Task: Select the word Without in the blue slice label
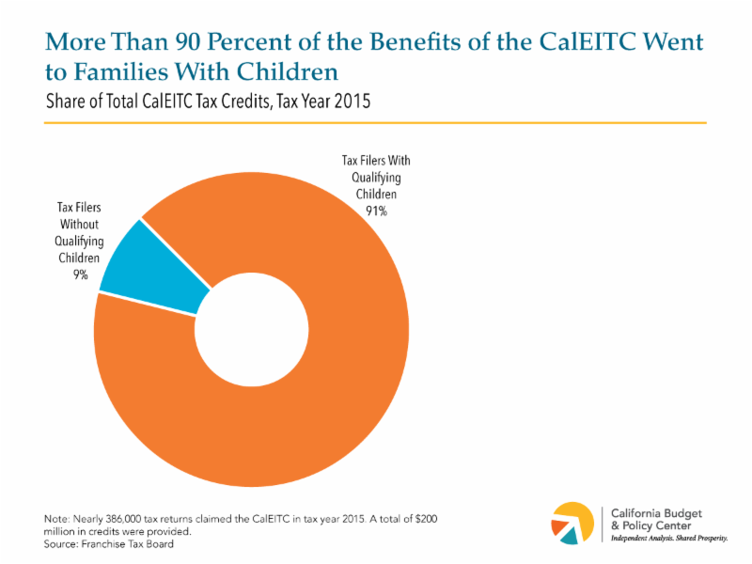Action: (x=79, y=225)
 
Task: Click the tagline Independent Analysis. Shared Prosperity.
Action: (x=669, y=540)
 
